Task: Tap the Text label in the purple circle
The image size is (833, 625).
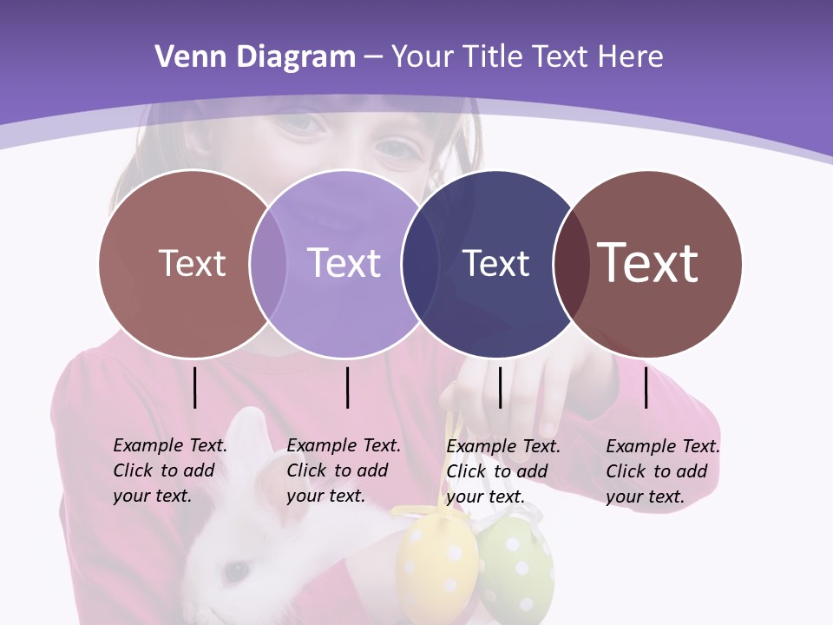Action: coord(344,263)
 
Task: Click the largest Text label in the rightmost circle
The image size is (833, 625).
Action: coord(648,262)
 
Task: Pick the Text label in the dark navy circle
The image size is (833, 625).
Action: coord(495,263)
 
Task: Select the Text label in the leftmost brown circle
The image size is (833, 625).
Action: coord(192,263)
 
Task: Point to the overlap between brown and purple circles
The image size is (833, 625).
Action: coord(268,264)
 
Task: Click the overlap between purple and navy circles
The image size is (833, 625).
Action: coord(420,264)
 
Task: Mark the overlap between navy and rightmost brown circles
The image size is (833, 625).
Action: coord(570,264)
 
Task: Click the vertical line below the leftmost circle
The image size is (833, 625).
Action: coord(195,387)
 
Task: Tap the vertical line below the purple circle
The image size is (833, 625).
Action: coord(347,387)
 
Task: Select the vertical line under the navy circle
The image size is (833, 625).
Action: coord(501,387)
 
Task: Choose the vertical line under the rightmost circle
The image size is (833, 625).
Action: coord(646,387)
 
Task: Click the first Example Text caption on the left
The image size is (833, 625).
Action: coord(169,470)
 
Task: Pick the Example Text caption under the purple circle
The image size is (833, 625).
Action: coord(343,470)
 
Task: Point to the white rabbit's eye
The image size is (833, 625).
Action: coord(236,570)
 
